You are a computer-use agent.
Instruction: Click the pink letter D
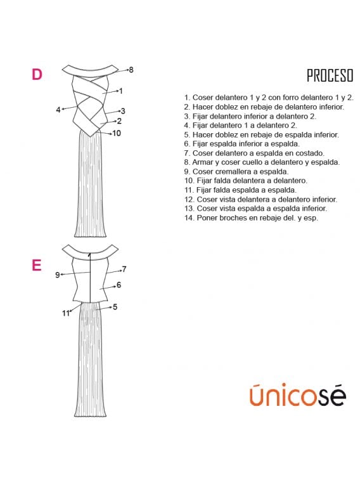pos(37,74)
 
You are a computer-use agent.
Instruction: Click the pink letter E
pos(36,265)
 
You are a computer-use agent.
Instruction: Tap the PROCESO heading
pos(330,75)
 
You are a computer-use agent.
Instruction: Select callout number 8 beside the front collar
pos(131,70)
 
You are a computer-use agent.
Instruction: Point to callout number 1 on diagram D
pos(121,91)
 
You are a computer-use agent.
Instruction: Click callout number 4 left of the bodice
pos(58,110)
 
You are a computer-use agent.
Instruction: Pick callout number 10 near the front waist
pos(117,133)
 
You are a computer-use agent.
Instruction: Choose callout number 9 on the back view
pos(58,275)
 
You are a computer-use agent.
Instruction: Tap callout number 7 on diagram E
pos(124,269)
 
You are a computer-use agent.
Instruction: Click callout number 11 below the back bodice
pos(66,313)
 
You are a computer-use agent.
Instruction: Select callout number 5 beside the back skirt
pos(115,307)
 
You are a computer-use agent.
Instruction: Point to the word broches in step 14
pos(246,218)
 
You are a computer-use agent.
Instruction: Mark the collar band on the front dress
pos(90,71)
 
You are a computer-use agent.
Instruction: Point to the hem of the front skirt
pos(90,236)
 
